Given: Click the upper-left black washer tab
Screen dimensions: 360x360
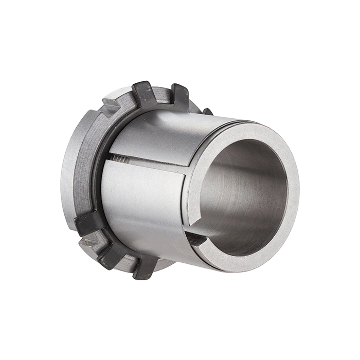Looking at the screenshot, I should coord(143,94).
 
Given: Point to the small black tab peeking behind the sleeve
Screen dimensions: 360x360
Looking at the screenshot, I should coord(207,111).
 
